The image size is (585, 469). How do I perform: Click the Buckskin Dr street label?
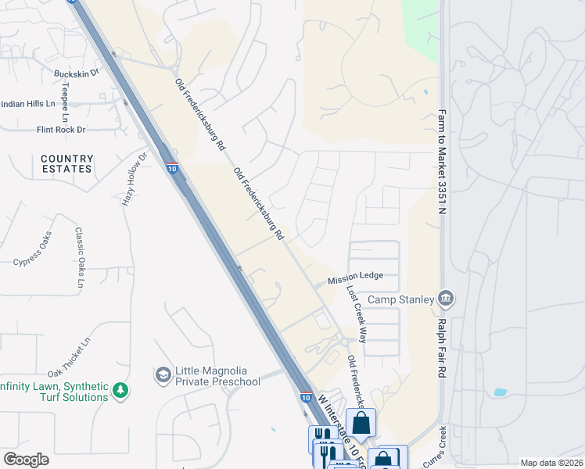(x=76, y=73)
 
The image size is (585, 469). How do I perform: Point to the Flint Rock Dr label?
(x=60, y=129)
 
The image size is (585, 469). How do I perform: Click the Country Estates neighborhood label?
(x=67, y=163)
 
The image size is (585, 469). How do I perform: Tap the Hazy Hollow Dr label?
(x=134, y=179)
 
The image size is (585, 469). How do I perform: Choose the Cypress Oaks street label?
(x=33, y=249)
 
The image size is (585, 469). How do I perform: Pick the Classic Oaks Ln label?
(x=79, y=257)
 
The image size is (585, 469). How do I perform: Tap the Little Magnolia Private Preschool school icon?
(x=163, y=375)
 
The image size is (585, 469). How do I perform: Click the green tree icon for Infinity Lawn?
(x=120, y=388)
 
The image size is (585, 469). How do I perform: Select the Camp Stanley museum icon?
(x=446, y=298)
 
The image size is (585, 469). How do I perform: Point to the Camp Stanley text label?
(x=400, y=299)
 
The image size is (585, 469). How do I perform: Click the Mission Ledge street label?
(x=355, y=277)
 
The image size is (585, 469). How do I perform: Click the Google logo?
(x=26, y=460)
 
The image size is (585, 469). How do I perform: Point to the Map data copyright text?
(x=551, y=463)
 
